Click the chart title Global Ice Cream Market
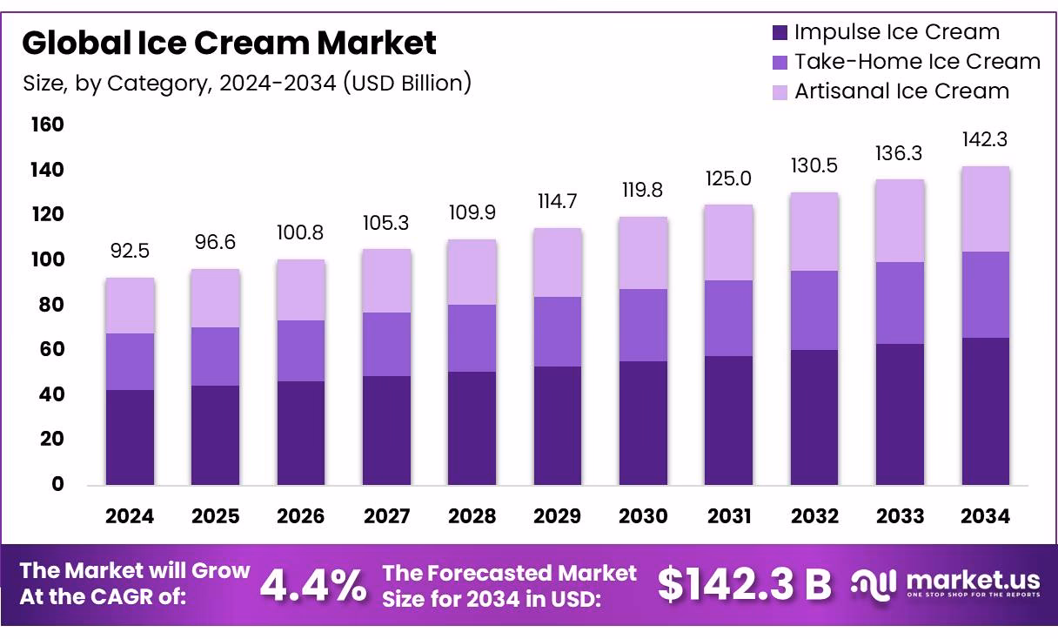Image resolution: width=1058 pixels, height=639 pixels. point(230,42)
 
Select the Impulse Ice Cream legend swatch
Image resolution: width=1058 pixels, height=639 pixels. point(780,33)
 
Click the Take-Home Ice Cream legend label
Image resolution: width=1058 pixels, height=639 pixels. point(917,62)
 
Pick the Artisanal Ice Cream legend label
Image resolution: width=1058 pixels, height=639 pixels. point(901,91)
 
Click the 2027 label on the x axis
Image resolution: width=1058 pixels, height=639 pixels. point(386,516)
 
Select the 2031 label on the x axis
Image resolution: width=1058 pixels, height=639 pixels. point(729,516)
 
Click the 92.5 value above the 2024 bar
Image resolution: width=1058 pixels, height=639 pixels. point(130,252)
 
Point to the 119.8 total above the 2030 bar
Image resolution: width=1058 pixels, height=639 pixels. point(644,191)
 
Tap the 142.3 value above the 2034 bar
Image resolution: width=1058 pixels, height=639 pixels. point(985,139)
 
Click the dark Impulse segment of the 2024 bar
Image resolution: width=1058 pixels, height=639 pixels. point(130,437)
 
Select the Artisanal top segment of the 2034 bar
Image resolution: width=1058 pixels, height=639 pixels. point(985,209)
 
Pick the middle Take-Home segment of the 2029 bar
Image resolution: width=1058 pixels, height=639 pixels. point(558,332)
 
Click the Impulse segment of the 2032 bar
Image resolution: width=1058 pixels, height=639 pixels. point(814,417)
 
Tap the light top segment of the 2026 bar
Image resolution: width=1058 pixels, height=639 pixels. point(301,290)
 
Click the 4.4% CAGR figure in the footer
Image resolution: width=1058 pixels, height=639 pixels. point(314,585)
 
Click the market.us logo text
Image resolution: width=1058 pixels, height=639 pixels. point(973,580)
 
